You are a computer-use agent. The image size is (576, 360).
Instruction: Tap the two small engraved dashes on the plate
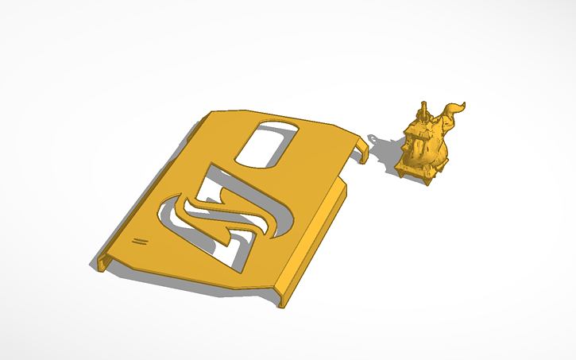click(141, 240)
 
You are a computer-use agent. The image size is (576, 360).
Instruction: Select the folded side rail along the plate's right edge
click(318, 238)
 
